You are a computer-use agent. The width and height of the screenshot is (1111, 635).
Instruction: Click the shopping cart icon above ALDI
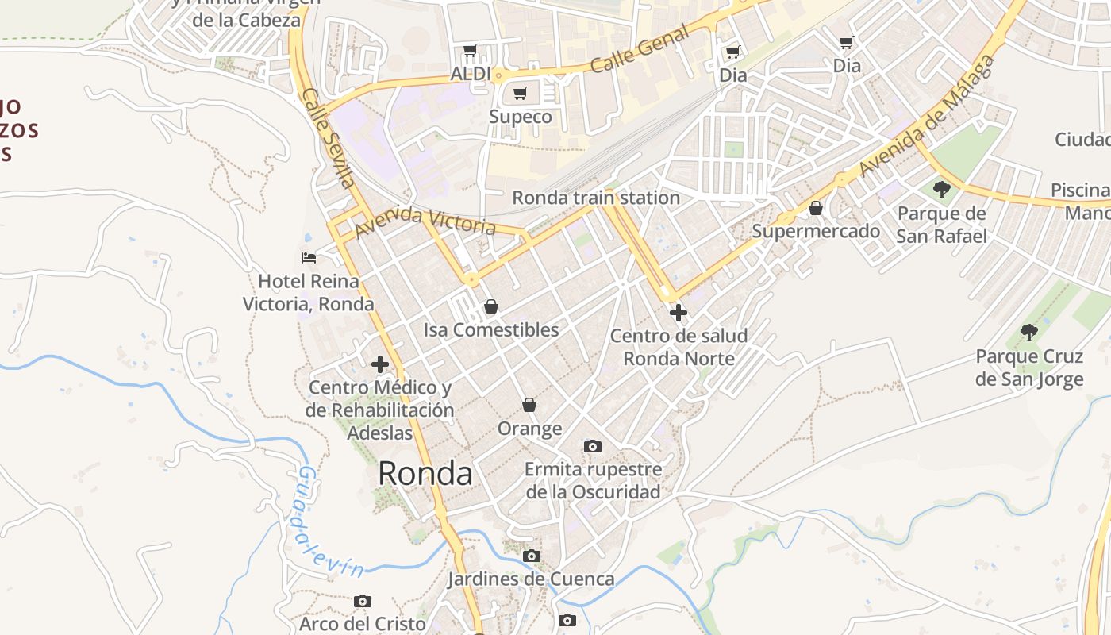coord(471,51)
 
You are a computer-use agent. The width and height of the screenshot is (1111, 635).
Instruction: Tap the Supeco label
coord(520,117)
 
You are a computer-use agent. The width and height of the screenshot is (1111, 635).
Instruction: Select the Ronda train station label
coord(596,198)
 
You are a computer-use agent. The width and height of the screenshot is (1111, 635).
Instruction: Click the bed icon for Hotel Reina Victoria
coord(309,258)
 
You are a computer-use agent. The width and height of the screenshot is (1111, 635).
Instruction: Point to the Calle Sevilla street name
coord(328,137)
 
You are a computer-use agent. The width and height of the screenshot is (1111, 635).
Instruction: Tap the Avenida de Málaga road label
coord(927,116)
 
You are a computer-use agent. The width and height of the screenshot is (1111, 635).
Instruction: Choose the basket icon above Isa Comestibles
coord(491,306)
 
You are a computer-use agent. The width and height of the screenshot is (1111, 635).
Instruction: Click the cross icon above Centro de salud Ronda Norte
coord(679,313)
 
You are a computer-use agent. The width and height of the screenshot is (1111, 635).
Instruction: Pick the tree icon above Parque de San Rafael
coord(942,190)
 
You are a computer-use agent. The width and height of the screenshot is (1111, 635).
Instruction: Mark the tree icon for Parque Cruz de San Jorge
coord(1029,333)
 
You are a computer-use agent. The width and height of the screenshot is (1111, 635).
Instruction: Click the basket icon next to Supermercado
coord(816,209)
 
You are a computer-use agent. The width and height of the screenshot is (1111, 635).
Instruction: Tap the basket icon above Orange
coord(529,406)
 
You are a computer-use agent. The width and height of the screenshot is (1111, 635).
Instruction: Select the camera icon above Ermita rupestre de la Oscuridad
coord(593,447)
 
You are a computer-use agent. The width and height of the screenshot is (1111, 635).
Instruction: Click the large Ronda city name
coord(425,474)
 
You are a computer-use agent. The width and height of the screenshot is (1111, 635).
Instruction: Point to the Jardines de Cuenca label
coord(531,579)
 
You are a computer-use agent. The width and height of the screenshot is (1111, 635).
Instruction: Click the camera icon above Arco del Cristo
coord(363,602)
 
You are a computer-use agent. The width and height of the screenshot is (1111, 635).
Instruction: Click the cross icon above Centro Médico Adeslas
coord(380,364)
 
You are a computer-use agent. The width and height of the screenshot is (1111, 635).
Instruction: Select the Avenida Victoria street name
coord(425,223)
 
